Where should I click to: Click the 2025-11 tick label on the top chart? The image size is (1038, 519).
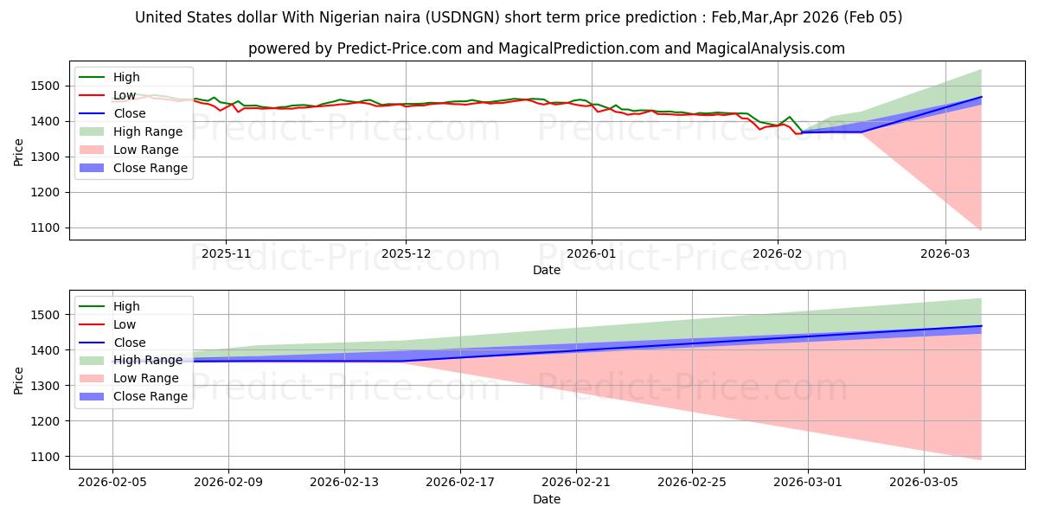point(226,253)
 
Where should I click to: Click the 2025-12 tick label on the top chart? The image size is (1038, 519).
point(406,253)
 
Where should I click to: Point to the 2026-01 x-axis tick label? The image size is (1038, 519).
point(592,253)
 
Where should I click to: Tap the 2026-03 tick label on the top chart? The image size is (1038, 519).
point(945,253)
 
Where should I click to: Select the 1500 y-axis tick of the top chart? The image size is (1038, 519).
point(50,86)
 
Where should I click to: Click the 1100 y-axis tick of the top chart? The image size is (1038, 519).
point(50,227)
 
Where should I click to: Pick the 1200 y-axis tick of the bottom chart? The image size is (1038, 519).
point(50,421)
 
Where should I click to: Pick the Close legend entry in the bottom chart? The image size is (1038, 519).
point(129,343)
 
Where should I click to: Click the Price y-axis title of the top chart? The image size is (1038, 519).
point(19,151)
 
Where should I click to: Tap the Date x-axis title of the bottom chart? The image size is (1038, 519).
point(546,499)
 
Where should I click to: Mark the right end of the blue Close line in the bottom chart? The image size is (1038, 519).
point(981,326)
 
